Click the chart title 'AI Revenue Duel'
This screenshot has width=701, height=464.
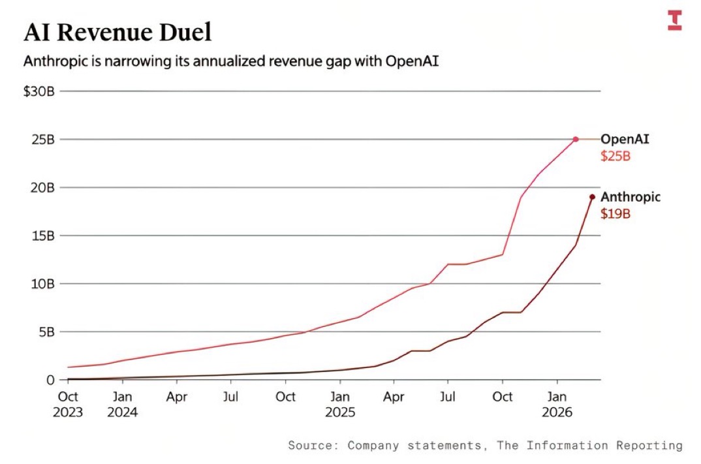(117, 32)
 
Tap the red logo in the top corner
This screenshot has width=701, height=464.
(674, 20)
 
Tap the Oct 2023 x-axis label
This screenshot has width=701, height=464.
(68, 404)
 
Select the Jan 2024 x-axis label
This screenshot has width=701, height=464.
(122, 404)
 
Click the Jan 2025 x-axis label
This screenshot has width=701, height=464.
(339, 404)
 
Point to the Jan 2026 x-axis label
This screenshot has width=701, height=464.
(557, 404)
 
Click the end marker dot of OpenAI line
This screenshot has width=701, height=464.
(576, 139)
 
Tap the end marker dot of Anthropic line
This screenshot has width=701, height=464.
(592, 196)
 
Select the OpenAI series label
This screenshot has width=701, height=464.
(625, 139)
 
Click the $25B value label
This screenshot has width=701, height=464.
(615, 156)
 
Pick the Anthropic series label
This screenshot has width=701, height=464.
(631, 196)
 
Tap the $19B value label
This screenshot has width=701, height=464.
(615, 213)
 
